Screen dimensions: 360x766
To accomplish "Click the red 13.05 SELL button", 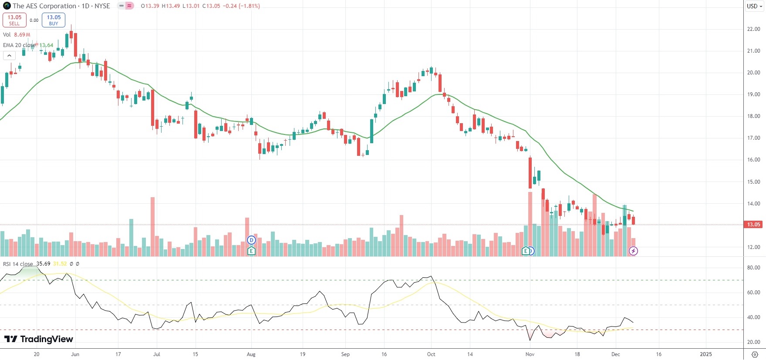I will pos(14,20).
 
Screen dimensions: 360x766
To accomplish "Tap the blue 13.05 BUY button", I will pos(54,20).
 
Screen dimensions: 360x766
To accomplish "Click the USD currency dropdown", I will pos(754,6).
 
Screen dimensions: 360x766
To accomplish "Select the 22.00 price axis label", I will pos(753,29).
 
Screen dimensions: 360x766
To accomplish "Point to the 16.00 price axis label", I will pos(753,160).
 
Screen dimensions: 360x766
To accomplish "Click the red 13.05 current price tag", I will pos(754,225).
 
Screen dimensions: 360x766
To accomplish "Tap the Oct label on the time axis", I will pos(431,354).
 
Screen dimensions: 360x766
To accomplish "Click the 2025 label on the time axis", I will pos(705,354).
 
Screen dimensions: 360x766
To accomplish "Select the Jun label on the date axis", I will pos(75,354).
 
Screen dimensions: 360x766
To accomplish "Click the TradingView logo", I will pos(39,339).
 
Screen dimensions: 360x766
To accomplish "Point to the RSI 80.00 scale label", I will pos(753,268).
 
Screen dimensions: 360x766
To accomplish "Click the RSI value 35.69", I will pos(43,264).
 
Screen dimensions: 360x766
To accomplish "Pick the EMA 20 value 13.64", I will pos(46,45).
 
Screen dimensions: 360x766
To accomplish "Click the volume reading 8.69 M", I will pos(22,35).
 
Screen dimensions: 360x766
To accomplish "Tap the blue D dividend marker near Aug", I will pos(251,240).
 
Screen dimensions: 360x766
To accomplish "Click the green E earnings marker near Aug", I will pos(251,251).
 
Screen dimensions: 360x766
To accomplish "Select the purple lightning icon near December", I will pos(633,251).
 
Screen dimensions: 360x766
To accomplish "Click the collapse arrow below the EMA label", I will pos(9,55).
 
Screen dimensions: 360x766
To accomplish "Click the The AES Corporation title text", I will pos(44,6).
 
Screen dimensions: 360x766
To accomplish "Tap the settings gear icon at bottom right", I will pos(755,354).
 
